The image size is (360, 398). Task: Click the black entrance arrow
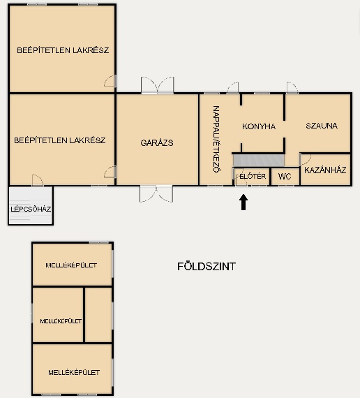pyautogui.click(x=243, y=202)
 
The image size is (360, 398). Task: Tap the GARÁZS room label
pyautogui.click(x=157, y=143)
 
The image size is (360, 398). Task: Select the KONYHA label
pyautogui.click(x=259, y=126)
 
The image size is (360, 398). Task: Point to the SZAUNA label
pyautogui.click(x=322, y=126)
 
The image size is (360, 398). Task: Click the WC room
pyautogui.click(x=285, y=177)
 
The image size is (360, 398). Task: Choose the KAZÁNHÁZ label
pyautogui.click(x=325, y=170)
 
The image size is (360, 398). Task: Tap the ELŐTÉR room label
pyautogui.click(x=253, y=176)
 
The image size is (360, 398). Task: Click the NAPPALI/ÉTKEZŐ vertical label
pyautogui.click(x=216, y=139)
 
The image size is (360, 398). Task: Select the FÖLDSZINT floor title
pyautogui.click(x=207, y=267)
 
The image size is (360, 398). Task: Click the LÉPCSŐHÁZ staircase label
pyautogui.click(x=31, y=209)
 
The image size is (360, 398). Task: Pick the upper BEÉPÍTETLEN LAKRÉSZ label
pyautogui.click(x=63, y=50)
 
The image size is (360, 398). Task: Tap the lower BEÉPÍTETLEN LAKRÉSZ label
pyautogui.click(x=59, y=140)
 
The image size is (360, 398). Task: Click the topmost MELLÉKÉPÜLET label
pyautogui.click(x=71, y=265)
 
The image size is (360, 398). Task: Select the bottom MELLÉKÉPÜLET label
pyautogui.click(x=74, y=372)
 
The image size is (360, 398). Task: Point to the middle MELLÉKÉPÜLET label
pyautogui.click(x=61, y=321)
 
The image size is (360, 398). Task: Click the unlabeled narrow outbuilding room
pyautogui.click(x=98, y=315)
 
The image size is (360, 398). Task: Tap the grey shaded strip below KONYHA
pyautogui.click(x=259, y=161)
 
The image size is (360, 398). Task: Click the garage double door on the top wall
pyautogui.click(x=158, y=85)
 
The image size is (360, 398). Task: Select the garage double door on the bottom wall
pyautogui.click(x=156, y=194)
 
